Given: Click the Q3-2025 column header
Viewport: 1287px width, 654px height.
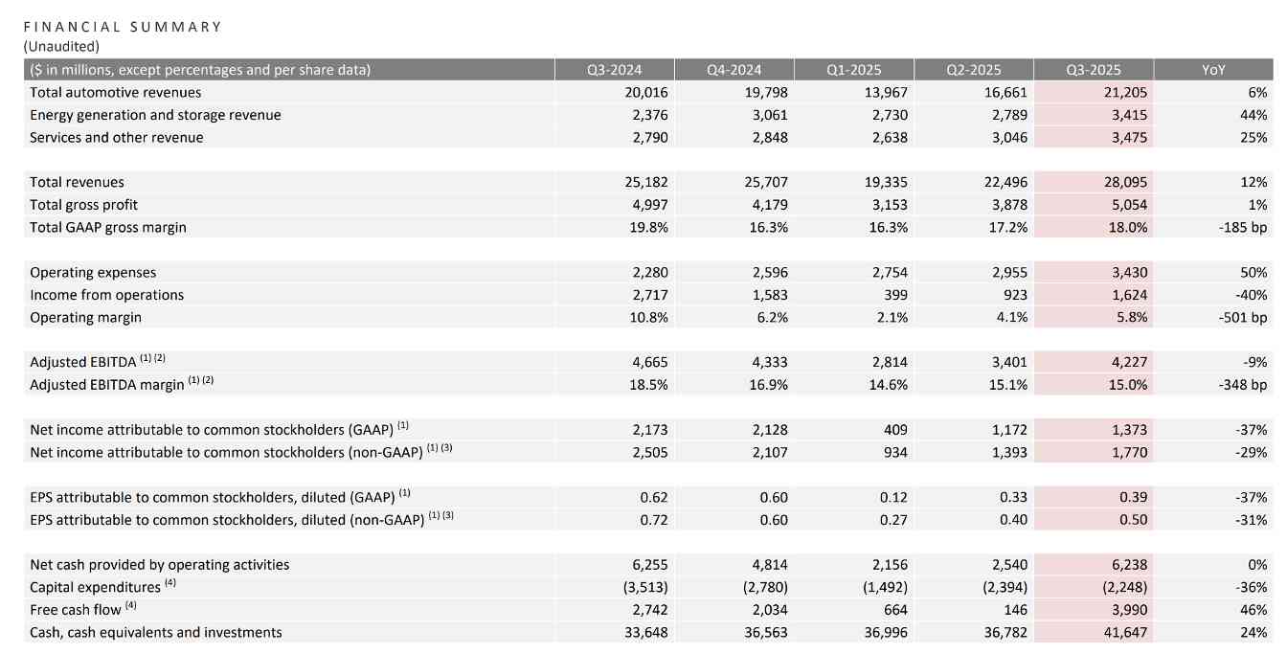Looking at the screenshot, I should [1093, 70].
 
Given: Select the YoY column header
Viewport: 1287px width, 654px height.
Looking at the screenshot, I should [1213, 70].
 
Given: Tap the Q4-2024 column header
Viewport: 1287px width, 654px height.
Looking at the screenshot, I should [734, 70].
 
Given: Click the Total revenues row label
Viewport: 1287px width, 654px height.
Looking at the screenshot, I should [77, 182].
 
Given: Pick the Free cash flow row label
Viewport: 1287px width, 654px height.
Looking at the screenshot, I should [76, 610].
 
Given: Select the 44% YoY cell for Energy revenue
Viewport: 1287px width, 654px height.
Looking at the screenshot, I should [1254, 115].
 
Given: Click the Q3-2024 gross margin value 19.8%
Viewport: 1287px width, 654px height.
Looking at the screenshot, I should [647, 227].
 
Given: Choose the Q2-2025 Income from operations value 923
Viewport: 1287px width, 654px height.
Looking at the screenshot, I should [1014, 295].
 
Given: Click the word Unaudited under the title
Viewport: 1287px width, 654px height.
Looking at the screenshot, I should [61, 45].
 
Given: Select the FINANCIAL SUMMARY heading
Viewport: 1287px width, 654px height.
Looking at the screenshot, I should [123, 27].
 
